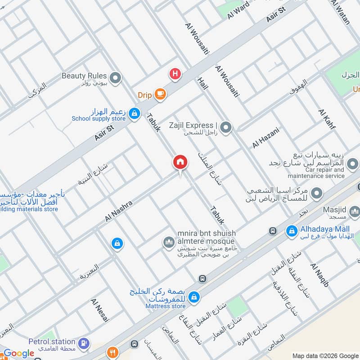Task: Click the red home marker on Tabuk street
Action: [x=180, y=162]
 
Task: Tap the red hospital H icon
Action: [x=175, y=73]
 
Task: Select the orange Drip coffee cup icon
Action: [x=160, y=94]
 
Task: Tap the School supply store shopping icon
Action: [x=134, y=115]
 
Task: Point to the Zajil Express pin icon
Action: [x=226, y=128]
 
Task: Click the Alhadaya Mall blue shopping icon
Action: [x=292, y=232]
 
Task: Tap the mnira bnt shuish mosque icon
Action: [x=169, y=243]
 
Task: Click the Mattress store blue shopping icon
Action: [x=194, y=297]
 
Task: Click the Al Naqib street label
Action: [x=320, y=275]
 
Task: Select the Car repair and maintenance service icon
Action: [x=353, y=163]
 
